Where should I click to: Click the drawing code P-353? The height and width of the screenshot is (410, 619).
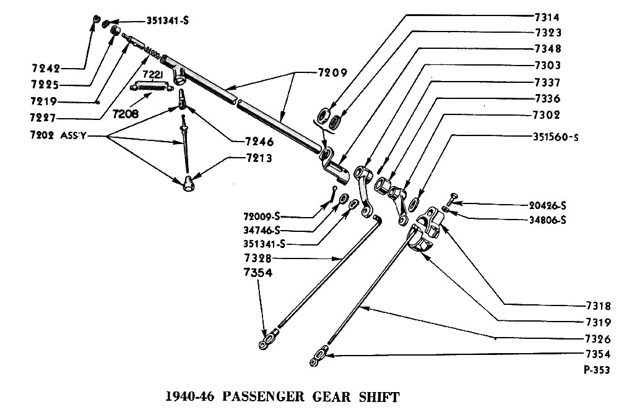click(x=595, y=370)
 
